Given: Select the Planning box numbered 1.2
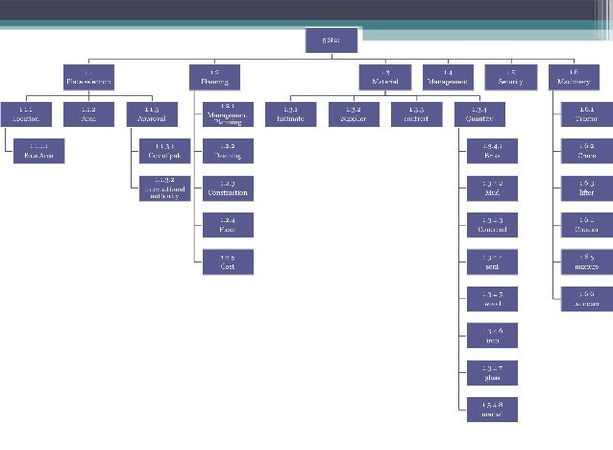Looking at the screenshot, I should (213, 77).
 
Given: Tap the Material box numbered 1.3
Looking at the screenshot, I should (384, 77).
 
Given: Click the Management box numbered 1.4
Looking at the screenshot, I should (448, 77).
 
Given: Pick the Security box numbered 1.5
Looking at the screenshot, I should (510, 77).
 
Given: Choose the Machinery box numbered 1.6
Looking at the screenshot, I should (574, 77).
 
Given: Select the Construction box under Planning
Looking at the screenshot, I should (228, 187).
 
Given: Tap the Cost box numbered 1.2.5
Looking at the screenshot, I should (228, 262).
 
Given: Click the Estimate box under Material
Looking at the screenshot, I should (289, 113).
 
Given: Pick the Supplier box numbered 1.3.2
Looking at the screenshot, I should (353, 113).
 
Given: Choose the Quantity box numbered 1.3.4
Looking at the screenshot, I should (479, 113).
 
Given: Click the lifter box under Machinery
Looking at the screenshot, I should (587, 187).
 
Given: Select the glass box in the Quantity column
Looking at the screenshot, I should (493, 372).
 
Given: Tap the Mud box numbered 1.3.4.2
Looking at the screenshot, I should (493, 187).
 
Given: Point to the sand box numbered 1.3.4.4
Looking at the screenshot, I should (493, 262).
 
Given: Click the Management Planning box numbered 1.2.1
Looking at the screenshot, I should (228, 113).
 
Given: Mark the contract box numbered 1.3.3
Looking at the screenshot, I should (416, 113).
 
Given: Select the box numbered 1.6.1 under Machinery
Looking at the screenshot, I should (587, 113).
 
